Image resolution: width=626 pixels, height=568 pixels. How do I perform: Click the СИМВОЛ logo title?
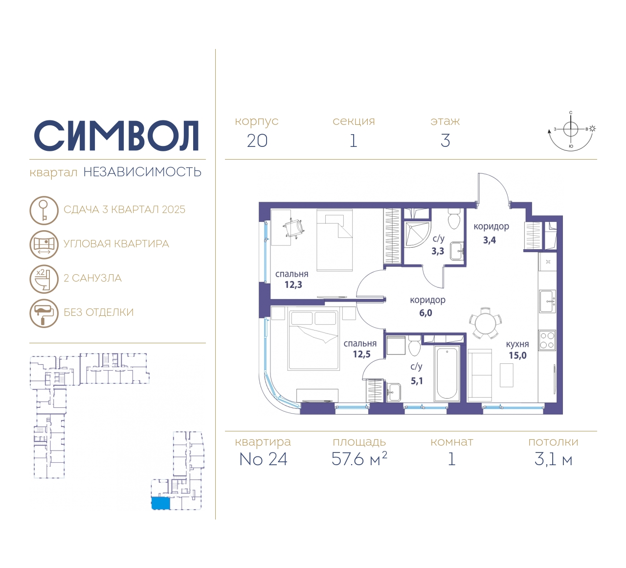click(x=116, y=136)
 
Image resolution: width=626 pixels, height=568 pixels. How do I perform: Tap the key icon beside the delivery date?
click(x=44, y=210)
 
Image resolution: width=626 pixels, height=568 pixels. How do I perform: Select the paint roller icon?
click(x=44, y=313)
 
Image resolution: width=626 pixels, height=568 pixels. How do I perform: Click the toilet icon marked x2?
click(x=44, y=279)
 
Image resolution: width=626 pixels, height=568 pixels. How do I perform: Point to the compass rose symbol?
click(x=571, y=131)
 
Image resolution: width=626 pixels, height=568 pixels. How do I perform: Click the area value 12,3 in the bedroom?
click(x=293, y=284)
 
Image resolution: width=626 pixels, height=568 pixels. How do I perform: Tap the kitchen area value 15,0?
click(x=518, y=355)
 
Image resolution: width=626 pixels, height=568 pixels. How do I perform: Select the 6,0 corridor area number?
click(x=425, y=313)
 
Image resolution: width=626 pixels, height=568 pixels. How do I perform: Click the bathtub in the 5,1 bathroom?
click(x=447, y=373)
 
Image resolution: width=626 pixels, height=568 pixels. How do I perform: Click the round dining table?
click(x=485, y=323)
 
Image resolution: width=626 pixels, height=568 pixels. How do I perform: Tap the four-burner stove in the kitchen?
click(x=547, y=340)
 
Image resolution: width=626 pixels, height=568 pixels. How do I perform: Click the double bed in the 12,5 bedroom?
click(x=313, y=339)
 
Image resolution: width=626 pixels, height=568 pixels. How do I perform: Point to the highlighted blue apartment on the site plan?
click(x=161, y=503)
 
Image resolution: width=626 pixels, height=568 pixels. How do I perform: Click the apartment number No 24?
click(x=263, y=459)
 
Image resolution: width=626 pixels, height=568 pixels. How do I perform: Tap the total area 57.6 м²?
click(x=359, y=459)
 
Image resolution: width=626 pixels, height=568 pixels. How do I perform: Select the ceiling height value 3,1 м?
click(x=553, y=459)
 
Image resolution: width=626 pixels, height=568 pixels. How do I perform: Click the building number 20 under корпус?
click(x=257, y=141)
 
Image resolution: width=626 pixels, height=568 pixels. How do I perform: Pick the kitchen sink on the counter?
click(x=547, y=301)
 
